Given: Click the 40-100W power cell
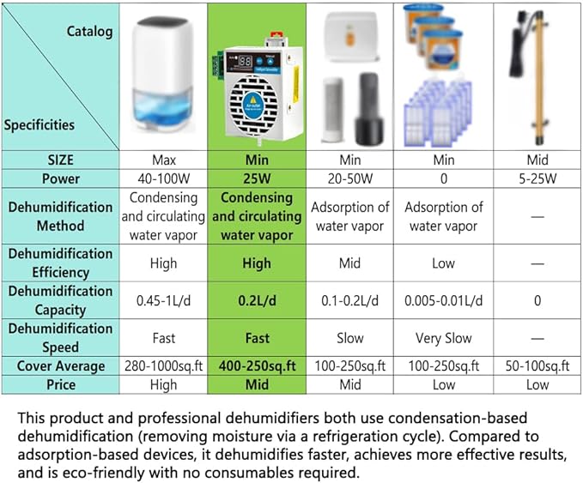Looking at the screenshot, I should (163, 179).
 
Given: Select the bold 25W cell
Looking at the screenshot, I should (256, 179).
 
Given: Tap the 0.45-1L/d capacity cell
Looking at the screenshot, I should (163, 300).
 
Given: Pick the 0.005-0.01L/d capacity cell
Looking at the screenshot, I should (443, 300).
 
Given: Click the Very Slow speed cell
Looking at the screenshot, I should (443, 338).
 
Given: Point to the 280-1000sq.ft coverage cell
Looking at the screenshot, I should (163, 366).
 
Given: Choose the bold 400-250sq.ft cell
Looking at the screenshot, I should (256, 366).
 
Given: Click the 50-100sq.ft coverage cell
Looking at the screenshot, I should (537, 366).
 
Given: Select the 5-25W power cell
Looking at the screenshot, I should (537, 179).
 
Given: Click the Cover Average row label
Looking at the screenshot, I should (60, 366).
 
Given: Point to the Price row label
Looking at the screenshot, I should (60, 385).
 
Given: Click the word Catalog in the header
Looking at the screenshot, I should (89, 32).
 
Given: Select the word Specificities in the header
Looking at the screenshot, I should (39, 124).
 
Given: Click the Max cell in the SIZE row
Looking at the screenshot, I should (163, 160).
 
